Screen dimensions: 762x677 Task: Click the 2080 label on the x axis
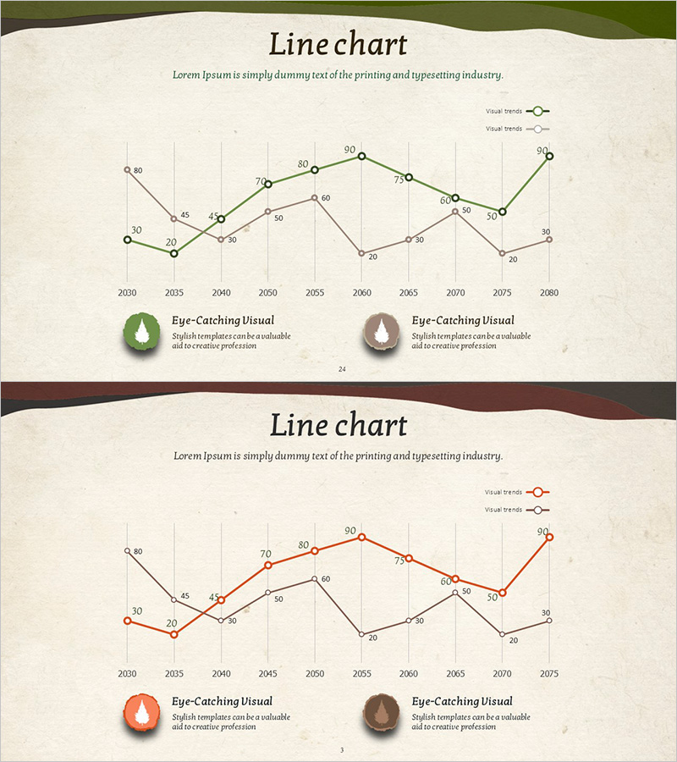pos(548,292)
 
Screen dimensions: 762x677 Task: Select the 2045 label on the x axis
pos(268,673)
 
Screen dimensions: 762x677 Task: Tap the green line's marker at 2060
pos(361,156)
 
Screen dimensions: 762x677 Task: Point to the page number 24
pos(342,369)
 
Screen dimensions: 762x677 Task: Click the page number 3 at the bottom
pos(342,750)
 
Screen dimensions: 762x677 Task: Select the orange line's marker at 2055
pos(361,537)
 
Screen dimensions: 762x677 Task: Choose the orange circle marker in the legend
pos(537,492)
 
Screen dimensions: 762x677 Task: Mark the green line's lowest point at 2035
pos(174,253)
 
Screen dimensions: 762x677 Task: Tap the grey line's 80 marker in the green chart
pos(128,169)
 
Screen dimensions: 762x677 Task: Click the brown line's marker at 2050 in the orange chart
pos(315,579)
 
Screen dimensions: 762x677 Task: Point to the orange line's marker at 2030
pos(128,621)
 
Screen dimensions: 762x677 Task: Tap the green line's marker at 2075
pos(502,212)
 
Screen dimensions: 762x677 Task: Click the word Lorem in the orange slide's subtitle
pos(187,456)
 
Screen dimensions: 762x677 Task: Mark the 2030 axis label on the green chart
pos(128,292)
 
